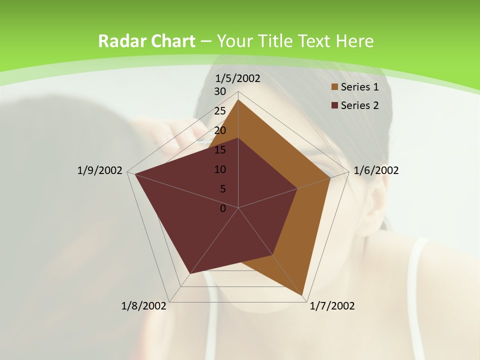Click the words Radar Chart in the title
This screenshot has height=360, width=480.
(146, 41)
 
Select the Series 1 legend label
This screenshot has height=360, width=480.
(359, 87)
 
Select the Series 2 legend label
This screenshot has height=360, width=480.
(359, 105)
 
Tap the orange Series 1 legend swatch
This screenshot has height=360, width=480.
(334, 87)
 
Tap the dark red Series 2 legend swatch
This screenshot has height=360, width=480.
(334, 105)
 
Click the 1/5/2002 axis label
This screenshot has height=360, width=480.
(237, 78)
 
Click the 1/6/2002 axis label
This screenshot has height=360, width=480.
(376, 170)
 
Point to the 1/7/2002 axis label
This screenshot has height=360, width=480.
(332, 306)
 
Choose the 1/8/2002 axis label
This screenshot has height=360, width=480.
(144, 306)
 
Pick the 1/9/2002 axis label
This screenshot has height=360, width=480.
(100, 170)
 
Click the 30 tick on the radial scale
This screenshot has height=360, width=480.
(220, 91)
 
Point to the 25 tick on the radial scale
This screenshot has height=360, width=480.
(220, 111)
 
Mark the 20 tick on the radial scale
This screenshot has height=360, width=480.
(220, 130)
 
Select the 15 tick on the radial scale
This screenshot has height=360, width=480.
(220, 150)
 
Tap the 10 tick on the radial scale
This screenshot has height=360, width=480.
(220, 169)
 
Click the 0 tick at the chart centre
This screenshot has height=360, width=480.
(223, 208)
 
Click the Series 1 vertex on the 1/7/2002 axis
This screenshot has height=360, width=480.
(302, 295)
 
